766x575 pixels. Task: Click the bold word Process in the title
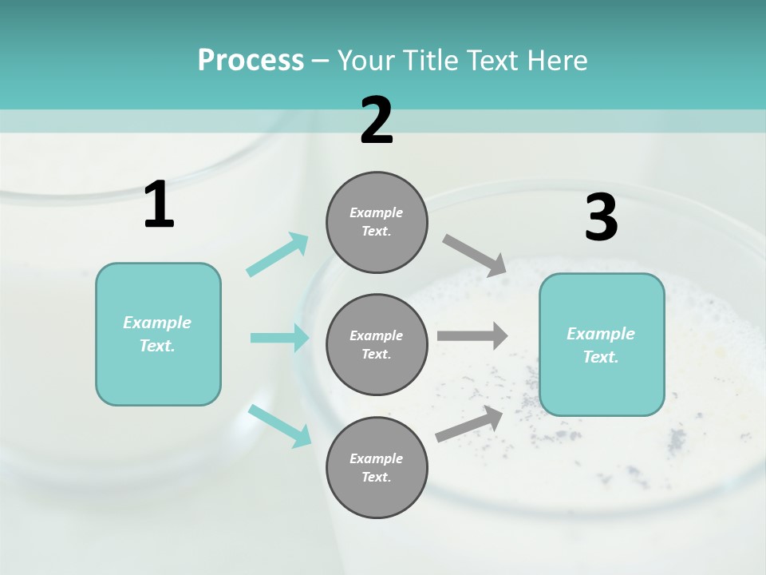click(251, 60)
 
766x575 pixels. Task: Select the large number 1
click(159, 205)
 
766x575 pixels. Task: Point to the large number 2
click(377, 121)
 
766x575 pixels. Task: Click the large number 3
click(601, 218)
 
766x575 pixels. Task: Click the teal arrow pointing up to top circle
click(278, 255)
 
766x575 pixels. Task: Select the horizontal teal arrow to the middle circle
click(279, 338)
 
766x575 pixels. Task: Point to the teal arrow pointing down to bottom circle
click(279, 426)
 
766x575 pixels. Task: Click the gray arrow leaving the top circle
click(475, 255)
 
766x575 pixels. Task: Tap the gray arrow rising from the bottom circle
click(470, 423)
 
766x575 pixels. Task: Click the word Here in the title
click(558, 60)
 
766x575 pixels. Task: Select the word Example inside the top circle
click(376, 212)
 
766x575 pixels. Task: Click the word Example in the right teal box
click(601, 334)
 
